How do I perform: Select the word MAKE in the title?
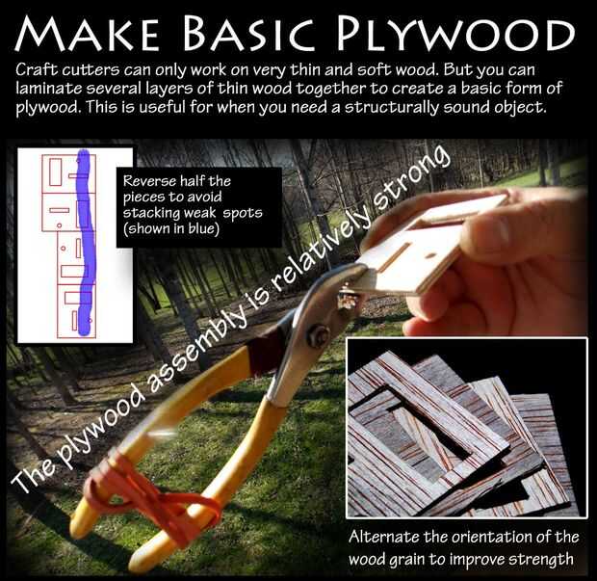(x=87, y=34)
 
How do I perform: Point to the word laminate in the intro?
(x=49, y=89)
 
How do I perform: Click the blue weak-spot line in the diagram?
(x=85, y=243)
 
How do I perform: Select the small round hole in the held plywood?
(x=431, y=255)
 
